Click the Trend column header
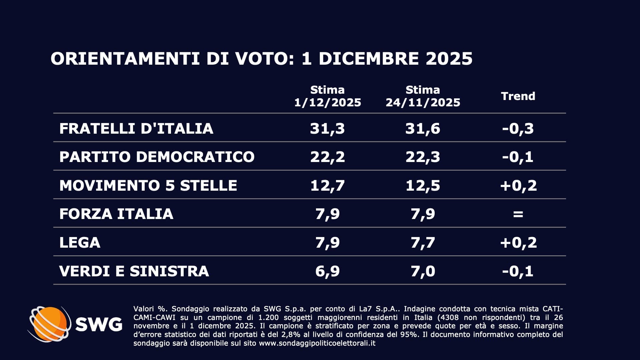coord(518,96)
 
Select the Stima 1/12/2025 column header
coord(327,96)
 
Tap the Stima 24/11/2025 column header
coord(423,96)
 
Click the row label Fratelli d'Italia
coord(136,129)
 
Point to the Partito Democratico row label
coord(157,157)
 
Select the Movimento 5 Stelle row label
coord(148,185)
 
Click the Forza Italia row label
coord(116,214)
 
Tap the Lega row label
coord(80,242)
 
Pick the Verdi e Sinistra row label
coord(134,271)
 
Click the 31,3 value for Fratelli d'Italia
coord(327,129)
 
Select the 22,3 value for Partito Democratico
coord(423,157)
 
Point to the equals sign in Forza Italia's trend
coord(518,214)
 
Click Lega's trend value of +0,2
coord(518,242)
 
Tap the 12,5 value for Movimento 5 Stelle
coord(423,185)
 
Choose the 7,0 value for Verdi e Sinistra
coord(423,271)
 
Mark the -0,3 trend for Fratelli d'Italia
coord(518,129)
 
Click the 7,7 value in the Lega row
coord(423,242)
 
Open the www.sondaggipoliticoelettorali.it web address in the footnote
coord(317,343)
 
